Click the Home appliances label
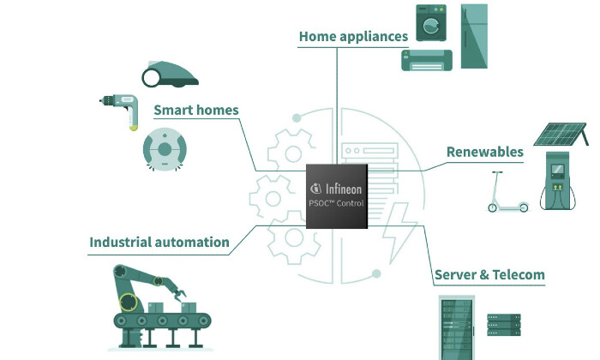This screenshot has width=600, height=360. [353, 37]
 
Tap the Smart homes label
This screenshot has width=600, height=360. [195, 110]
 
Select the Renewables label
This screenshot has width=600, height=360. [484, 152]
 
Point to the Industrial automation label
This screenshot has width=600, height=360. [159, 243]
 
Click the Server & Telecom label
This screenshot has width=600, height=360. [489, 275]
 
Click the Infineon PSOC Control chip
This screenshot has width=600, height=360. [337, 195]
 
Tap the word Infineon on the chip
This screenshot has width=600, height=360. [344, 187]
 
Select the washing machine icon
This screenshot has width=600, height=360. [434, 23]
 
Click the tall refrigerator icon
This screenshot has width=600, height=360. [474, 36]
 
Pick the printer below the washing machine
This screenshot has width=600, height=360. [427, 59]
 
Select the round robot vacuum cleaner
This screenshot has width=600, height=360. [165, 150]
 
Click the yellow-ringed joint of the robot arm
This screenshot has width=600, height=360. [129, 302]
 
